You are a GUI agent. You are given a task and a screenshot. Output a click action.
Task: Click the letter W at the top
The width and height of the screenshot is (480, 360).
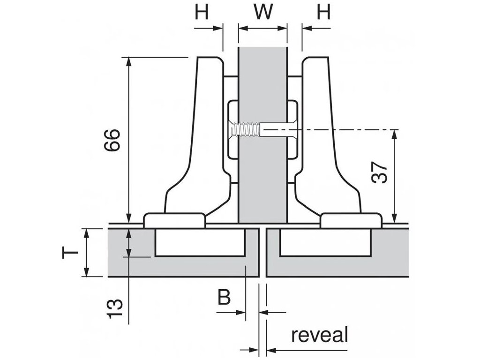262,12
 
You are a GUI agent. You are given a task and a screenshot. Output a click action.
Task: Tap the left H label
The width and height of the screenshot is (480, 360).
202,12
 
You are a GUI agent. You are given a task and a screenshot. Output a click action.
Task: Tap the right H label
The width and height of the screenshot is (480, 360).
323,12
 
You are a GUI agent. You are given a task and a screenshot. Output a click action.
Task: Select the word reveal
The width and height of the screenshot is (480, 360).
320,336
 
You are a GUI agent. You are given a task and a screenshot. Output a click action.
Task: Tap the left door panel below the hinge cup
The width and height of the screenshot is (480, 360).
187,267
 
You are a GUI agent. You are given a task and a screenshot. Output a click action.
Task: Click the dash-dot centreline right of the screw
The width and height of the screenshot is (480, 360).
356,129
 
